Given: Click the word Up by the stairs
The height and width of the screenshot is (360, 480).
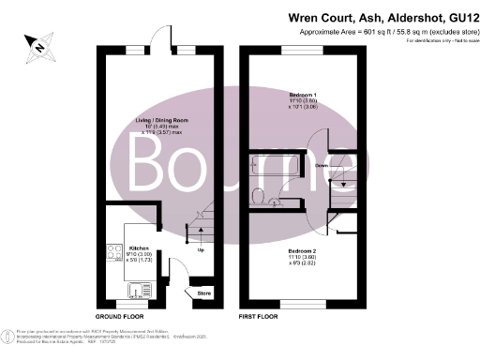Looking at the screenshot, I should [201, 250].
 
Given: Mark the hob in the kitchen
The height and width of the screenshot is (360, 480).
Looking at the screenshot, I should [113, 253].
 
